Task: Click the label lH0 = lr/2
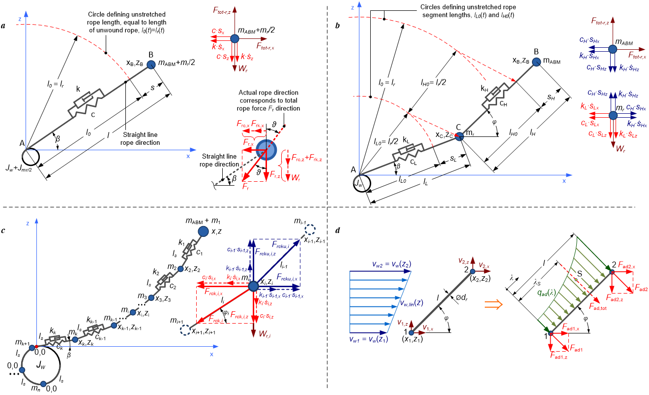coord(433,83)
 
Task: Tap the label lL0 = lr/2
coord(386,142)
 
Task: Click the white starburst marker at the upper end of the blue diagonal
coord(310,229)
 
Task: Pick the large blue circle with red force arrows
coord(266,150)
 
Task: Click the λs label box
coord(537,283)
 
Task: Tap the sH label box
coord(551,98)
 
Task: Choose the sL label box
coord(453,159)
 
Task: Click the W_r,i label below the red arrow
coord(265,333)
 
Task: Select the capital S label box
coord(580,273)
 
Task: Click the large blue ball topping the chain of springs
coord(203,231)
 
